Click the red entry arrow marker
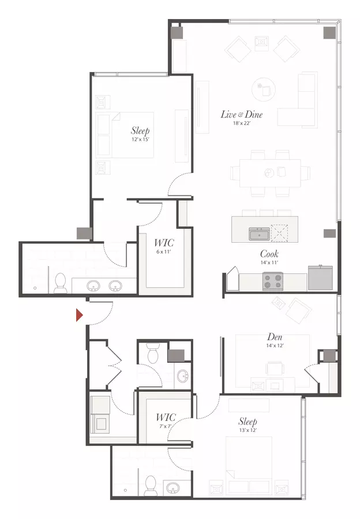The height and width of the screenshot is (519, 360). click(79, 315)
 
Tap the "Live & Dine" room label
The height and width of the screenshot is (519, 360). click(241, 115)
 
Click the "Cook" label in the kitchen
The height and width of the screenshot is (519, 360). click(269, 254)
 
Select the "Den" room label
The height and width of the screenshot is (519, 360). click(275, 337)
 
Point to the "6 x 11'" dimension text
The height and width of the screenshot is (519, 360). click(164, 251)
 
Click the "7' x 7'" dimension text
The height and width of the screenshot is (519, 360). click(165, 426)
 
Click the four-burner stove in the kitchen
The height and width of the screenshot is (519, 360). click(272, 281)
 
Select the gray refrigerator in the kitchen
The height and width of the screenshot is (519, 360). click(320, 277)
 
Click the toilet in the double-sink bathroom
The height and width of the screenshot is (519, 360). click(60, 283)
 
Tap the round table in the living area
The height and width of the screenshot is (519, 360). click(263, 89)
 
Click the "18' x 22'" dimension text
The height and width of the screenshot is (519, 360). click(241, 123)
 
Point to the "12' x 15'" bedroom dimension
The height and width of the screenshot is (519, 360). click(140, 140)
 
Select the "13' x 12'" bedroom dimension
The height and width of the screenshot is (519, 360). click(247, 430)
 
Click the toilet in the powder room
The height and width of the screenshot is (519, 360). click(153, 353)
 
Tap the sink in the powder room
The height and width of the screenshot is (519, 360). click(182, 376)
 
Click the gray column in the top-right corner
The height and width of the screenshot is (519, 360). click(329, 32)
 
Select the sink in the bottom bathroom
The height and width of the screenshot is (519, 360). click(173, 488)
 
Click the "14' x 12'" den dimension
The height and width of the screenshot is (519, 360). click(275, 345)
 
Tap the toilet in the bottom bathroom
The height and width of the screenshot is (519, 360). click(151, 486)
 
